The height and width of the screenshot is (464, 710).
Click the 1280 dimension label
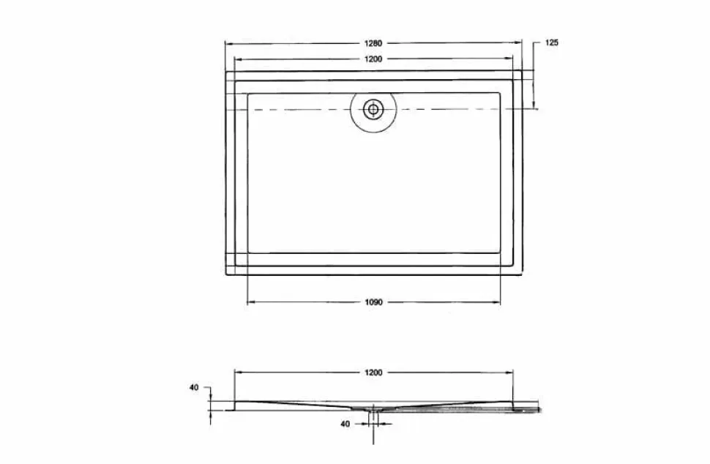coord(373,43)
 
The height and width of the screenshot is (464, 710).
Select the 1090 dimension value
coord(373,302)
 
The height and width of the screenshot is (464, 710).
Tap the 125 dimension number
coord(551,42)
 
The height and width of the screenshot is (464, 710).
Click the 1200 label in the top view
coord(373,59)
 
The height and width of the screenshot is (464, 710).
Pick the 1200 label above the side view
coord(373,373)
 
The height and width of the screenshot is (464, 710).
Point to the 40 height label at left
coord(194,387)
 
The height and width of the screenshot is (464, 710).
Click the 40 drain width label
coord(345,424)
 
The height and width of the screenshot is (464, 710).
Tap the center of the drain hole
coord(373,109)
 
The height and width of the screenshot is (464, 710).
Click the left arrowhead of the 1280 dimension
coord(228,43)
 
